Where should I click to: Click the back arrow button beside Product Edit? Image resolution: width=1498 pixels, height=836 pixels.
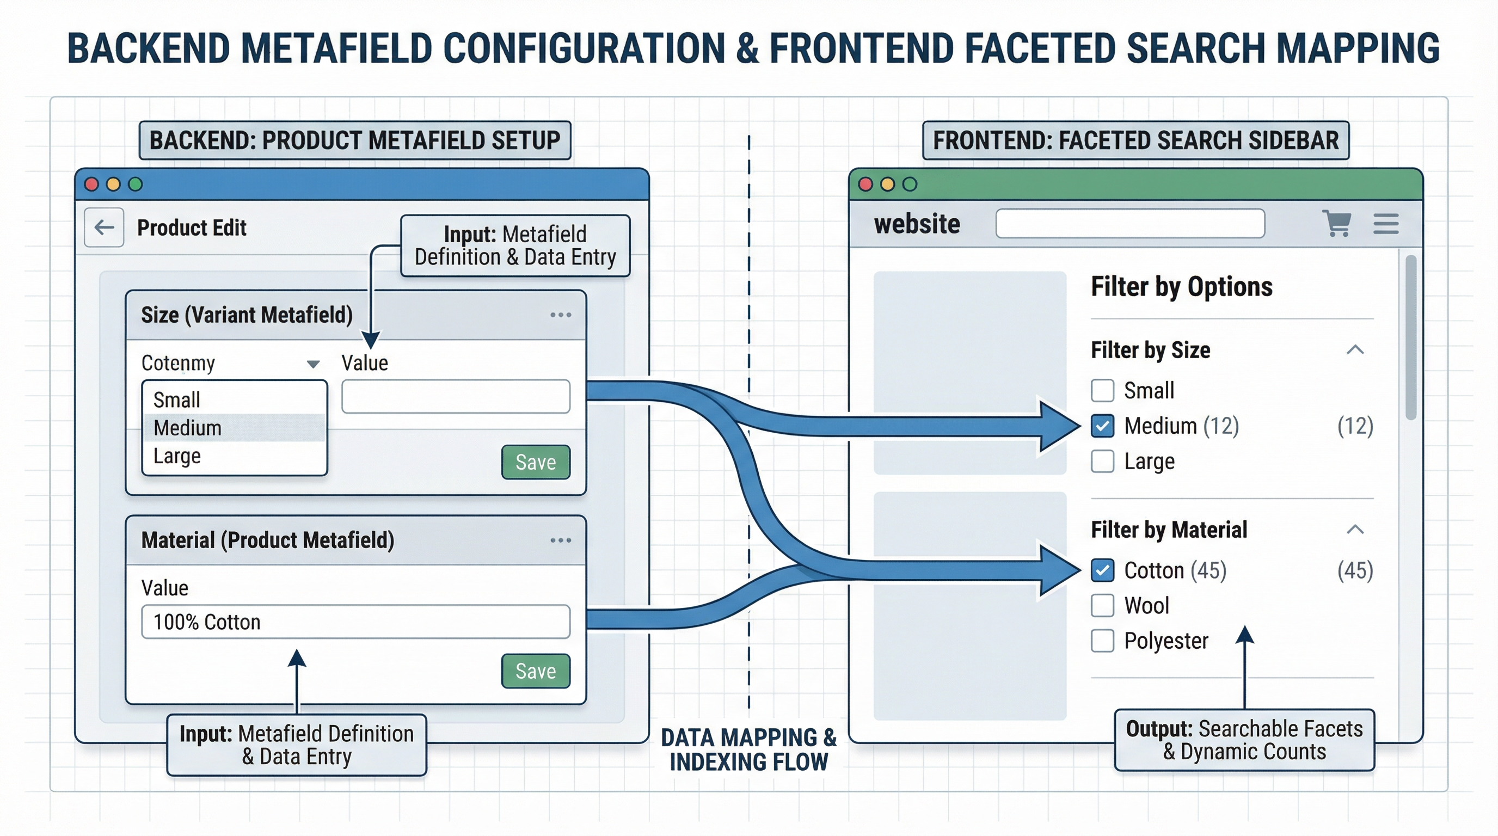pos(104,228)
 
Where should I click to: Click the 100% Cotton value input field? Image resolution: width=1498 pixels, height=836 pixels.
pos(355,622)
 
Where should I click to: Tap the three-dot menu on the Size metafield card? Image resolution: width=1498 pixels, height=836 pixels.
pos(561,315)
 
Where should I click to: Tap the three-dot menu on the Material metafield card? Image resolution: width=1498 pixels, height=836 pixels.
pos(561,540)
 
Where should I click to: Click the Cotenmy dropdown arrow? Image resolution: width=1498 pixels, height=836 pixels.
pos(313,364)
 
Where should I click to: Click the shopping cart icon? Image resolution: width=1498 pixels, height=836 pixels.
pos(1336,223)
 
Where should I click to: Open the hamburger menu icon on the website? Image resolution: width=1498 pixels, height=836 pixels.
pos(1386,224)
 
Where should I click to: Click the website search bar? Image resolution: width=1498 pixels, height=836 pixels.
pos(1130,224)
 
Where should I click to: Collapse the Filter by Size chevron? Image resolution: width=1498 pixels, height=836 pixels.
pos(1355,350)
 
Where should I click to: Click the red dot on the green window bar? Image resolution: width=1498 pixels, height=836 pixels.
pos(865,185)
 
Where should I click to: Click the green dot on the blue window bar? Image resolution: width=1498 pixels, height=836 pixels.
pos(136,185)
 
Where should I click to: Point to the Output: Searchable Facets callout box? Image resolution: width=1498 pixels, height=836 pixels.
pos(1244,740)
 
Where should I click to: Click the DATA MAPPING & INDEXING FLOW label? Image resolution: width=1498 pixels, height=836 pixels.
pos(748,749)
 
